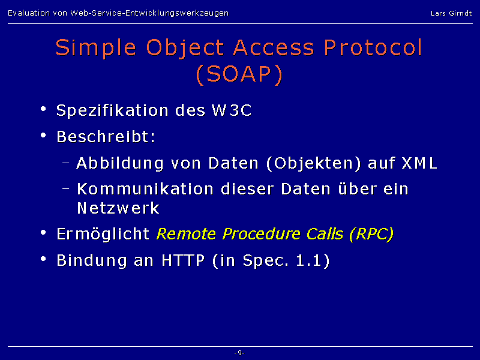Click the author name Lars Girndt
(x=451, y=13)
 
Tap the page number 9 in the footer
(x=239, y=353)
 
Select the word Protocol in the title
(x=373, y=47)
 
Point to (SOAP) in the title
(x=239, y=74)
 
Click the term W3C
(x=232, y=110)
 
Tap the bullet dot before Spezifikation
(x=43, y=109)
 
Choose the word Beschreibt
(x=104, y=137)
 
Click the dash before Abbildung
(x=65, y=163)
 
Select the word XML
(x=419, y=163)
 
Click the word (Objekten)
(x=314, y=164)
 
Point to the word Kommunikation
(x=145, y=189)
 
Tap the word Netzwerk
(x=118, y=208)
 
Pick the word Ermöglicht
(x=103, y=235)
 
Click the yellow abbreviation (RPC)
(x=371, y=234)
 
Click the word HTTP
(x=183, y=260)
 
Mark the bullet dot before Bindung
(x=43, y=259)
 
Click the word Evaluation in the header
(x=29, y=13)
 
